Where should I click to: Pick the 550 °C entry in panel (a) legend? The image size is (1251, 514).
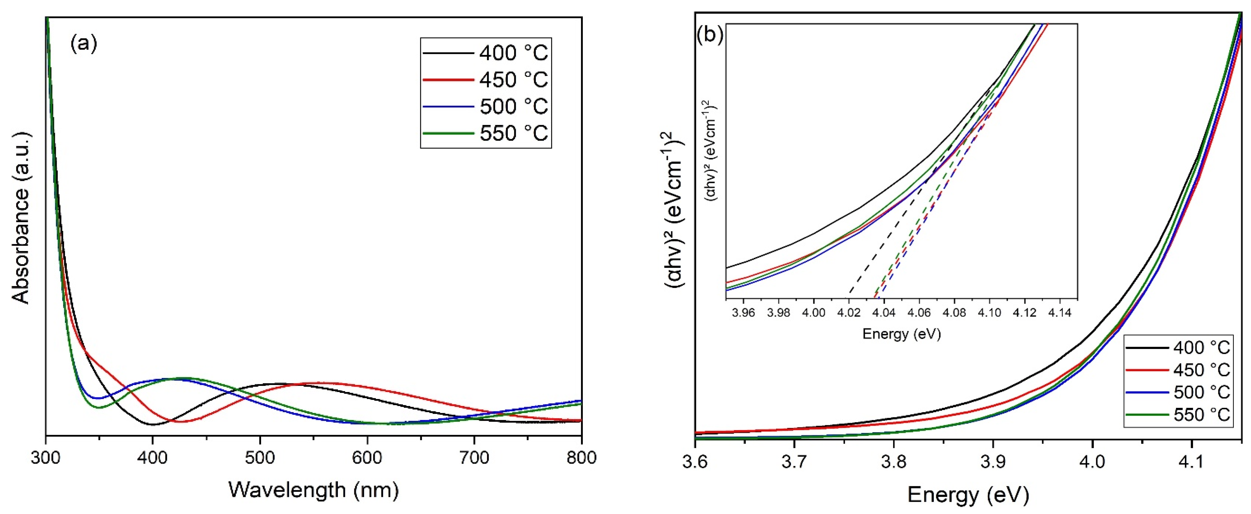point(513,133)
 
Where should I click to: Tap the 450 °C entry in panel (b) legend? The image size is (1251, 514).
point(1202,370)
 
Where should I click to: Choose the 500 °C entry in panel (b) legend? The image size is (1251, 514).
point(1202,393)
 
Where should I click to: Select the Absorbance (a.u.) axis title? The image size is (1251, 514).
point(20,217)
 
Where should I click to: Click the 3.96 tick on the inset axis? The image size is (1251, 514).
point(744,312)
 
